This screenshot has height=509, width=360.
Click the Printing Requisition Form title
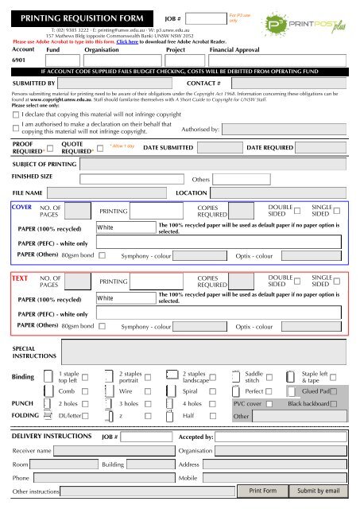pos(82,16)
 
